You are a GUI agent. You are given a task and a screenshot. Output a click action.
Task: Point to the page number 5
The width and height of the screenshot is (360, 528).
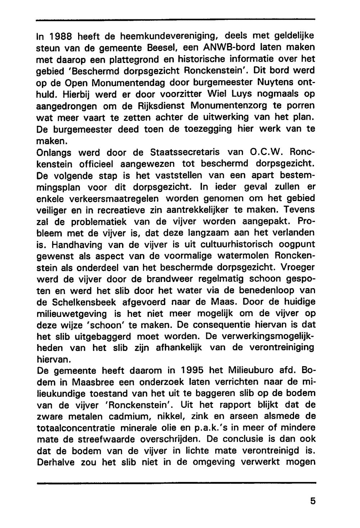[x=312, y=501]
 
